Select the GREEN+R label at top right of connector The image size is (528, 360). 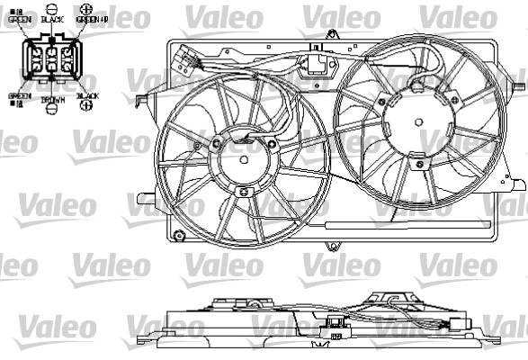(92, 18)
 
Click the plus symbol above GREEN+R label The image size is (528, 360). (87, 7)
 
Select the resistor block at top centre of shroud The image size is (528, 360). (318, 64)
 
